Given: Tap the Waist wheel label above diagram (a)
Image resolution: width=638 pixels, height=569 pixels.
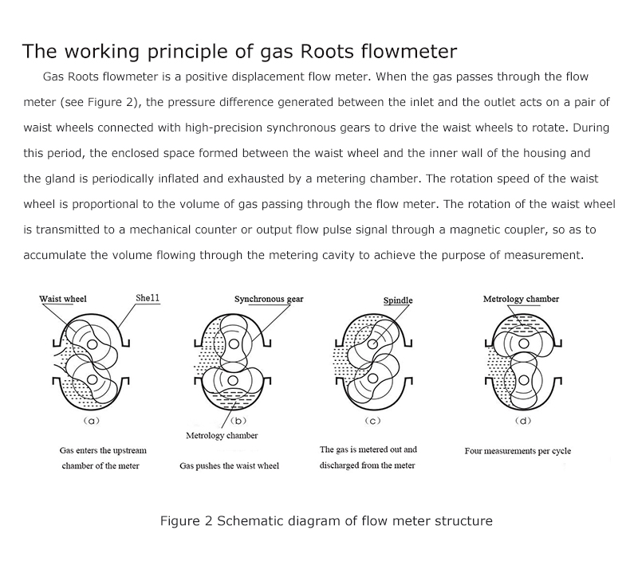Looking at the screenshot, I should coord(63,299).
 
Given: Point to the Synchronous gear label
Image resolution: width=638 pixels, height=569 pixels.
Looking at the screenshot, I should coord(269,300).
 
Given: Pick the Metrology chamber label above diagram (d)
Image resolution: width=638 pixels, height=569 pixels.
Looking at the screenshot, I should coord(521,300).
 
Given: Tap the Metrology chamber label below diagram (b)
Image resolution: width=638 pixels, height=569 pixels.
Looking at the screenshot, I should coord(222,436).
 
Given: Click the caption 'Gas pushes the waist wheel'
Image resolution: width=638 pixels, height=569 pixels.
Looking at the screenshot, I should coord(229,465).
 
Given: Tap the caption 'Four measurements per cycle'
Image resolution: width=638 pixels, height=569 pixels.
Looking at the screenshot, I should coord(518,451).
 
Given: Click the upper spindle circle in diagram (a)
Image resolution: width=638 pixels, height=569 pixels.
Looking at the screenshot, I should coord(93,344).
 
